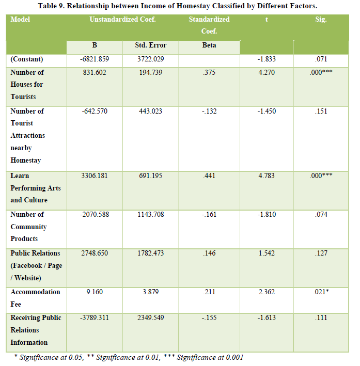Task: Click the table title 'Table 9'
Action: [x=178, y=6]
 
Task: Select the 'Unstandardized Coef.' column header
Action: [x=122, y=20]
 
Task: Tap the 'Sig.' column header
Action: [x=321, y=20]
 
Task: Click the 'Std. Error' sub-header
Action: [x=150, y=45]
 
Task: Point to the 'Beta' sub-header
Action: [x=209, y=45]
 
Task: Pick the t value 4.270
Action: [x=267, y=72]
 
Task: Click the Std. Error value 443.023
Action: [x=150, y=111]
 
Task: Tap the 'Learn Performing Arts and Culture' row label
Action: [x=36, y=188]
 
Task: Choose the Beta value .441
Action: [x=209, y=176]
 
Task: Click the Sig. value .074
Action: [x=321, y=214]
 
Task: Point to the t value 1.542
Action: [x=267, y=253]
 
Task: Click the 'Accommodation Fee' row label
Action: [x=35, y=298]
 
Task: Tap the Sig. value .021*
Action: [x=321, y=292]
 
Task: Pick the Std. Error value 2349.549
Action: [x=150, y=317]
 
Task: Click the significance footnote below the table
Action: [x=128, y=357]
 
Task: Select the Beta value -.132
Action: [x=209, y=111]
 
